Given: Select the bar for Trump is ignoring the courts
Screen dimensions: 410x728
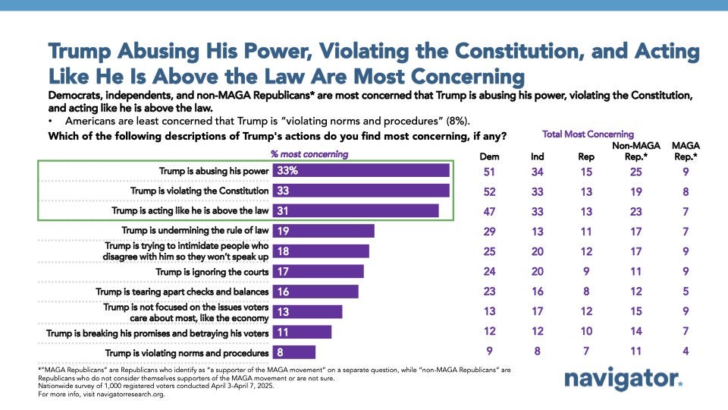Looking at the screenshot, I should click(318, 271).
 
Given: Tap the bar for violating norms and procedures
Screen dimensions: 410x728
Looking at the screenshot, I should click(294, 352).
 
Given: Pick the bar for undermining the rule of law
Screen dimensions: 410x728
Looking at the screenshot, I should click(324, 230).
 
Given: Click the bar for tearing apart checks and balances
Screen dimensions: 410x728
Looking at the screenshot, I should click(315, 292).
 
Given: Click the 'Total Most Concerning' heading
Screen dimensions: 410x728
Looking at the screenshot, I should click(577, 134).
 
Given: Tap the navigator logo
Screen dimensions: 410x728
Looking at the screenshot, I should click(623, 380).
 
